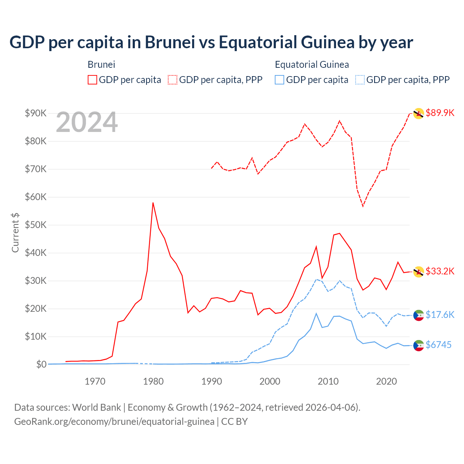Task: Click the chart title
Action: pyautogui.click(x=211, y=42)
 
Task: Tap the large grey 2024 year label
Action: pyautogui.click(x=87, y=123)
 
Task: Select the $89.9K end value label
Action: pyautogui.click(x=440, y=113)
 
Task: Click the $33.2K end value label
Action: pyautogui.click(x=440, y=271)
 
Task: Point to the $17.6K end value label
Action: pyautogui.click(x=440, y=315)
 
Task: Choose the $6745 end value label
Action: pyautogui.click(x=438, y=345)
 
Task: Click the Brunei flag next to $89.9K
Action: pyautogui.click(x=419, y=113)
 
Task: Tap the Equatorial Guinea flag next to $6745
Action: pyautogui.click(x=419, y=345)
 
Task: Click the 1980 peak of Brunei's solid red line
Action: pyautogui.click(x=153, y=203)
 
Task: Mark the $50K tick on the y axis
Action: pyautogui.click(x=36, y=225)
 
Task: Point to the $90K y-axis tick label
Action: pyautogui.click(x=36, y=113)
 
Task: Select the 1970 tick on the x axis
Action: pyautogui.click(x=95, y=381)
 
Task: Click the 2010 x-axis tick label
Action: pyautogui.click(x=328, y=381)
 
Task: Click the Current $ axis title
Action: pyautogui.click(x=15, y=232)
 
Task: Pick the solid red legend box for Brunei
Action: pyautogui.click(x=92, y=80)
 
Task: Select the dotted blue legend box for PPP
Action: pyautogui.click(x=360, y=80)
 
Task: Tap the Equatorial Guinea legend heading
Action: pyautogui.click(x=312, y=65)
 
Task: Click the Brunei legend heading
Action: pyautogui.click(x=101, y=65)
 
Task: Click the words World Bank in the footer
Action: pyautogui.click(x=96, y=407)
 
